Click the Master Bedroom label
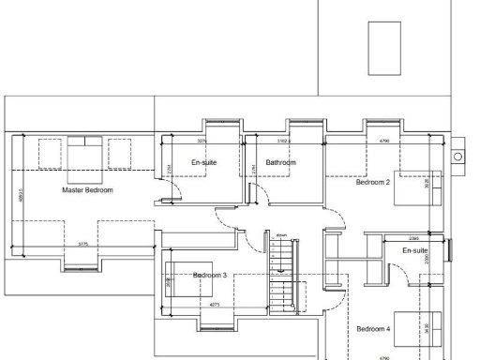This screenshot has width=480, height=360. click(x=87, y=190)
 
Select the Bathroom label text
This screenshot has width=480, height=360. click(x=280, y=163)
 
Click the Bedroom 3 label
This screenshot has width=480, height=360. click(x=210, y=275)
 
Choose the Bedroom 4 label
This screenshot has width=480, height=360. click(x=372, y=329)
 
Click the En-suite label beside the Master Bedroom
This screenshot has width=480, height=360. click(x=203, y=163)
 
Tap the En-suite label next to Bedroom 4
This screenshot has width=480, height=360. click(x=415, y=251)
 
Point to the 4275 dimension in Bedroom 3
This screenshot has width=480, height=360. click(x=215, y=305)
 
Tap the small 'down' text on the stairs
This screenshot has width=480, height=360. click(x=280, y=235)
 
